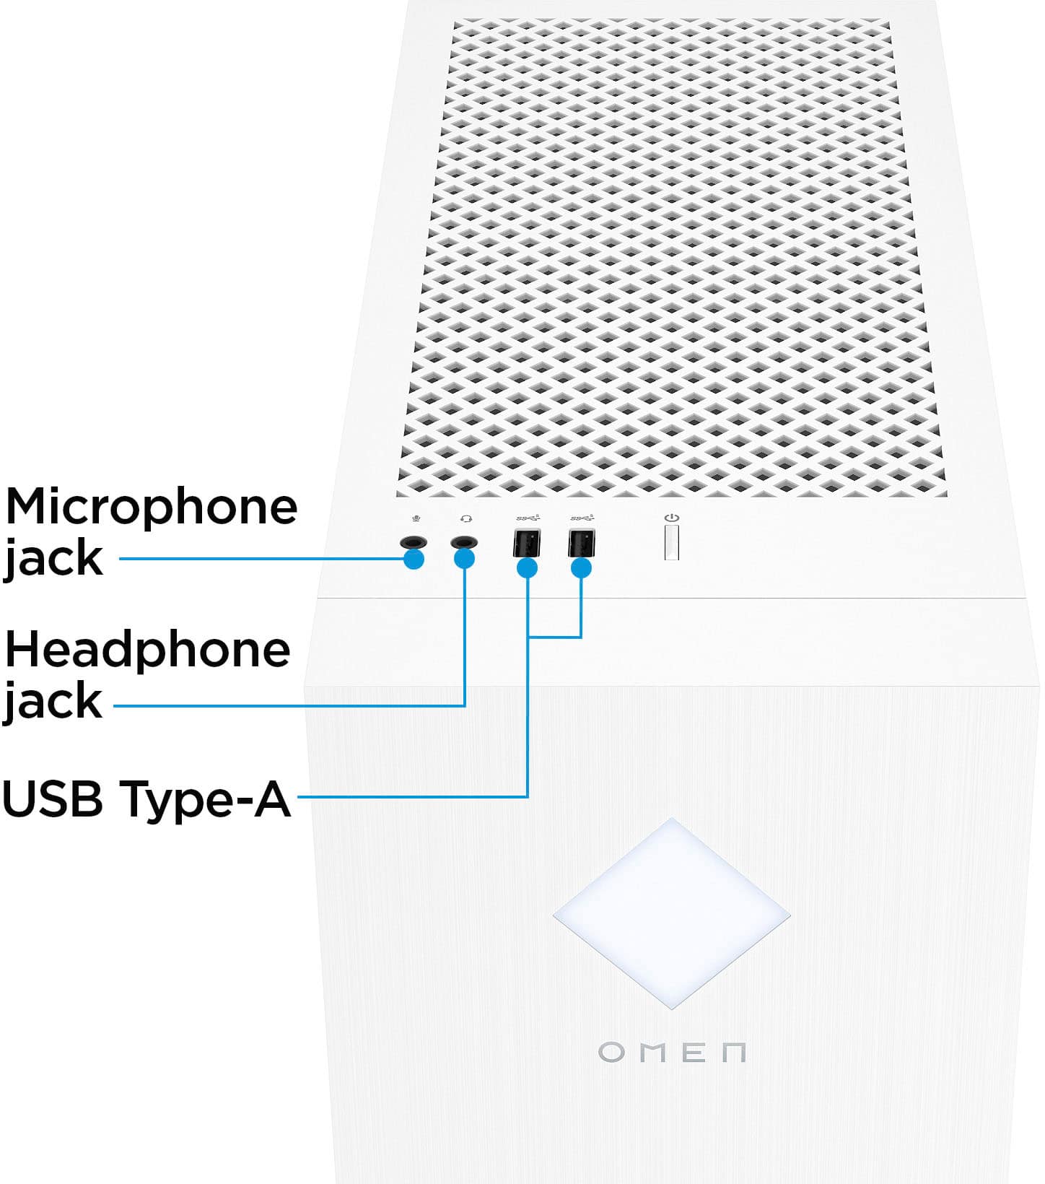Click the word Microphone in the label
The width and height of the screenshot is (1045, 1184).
tap(151, 507)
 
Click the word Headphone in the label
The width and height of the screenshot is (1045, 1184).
tap(147, 650)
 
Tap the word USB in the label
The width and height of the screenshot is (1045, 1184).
tap(53, 798)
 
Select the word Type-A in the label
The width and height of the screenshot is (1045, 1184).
tap(206, 800)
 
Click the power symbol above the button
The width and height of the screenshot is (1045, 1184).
tap(672, 518)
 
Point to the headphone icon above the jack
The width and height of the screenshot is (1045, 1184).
tap(466, 518)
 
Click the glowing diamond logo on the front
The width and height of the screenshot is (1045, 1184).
tap(672, 913)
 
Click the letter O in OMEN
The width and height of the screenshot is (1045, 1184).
tap(612, 1052)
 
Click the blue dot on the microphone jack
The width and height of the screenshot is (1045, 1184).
tap(414, 559)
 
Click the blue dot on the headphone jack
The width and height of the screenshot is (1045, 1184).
tap(465, 559)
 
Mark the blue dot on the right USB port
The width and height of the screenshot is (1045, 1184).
tap(581, 568)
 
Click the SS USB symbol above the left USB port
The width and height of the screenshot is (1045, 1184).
tap(528, 518)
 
